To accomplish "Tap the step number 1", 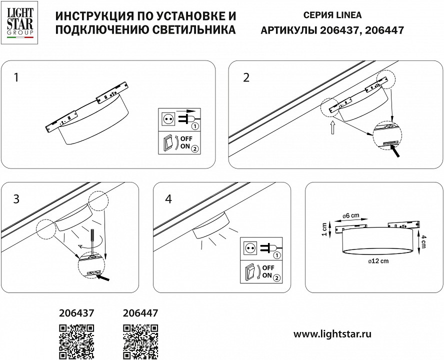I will pos(17,77).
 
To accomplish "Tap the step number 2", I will pos(245,77).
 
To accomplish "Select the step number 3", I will pos(17,198).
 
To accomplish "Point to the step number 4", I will pos(168,198).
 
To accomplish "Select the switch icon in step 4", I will pos(250,273).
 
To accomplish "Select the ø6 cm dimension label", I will pos(352,215).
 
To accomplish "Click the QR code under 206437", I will pos(76,341).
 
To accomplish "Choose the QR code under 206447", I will pos(140,341).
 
